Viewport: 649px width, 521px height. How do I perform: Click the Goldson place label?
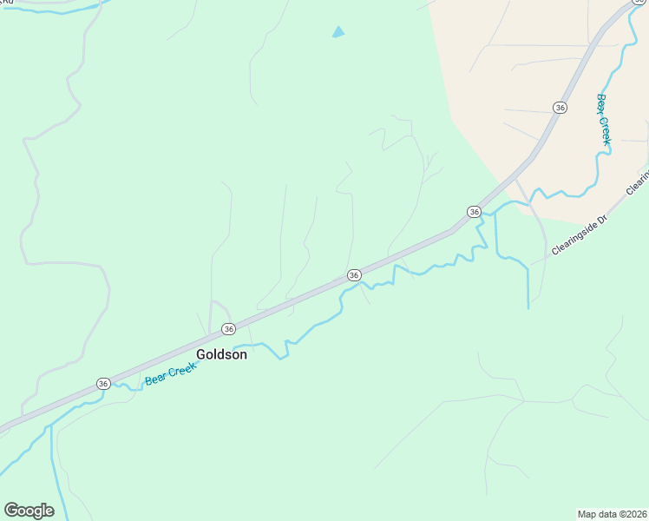pyautogui.click(x=221, y=354)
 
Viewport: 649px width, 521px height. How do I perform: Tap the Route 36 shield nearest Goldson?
pyautogui.click(x=228, y=329)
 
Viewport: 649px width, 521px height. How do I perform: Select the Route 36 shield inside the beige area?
pyautogui.click(x=560, y=107)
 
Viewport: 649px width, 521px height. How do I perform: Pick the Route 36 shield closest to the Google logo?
pyautogui.click(x=103, y=383)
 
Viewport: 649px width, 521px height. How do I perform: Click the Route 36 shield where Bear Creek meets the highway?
pyautogui.click(x=474, y=212)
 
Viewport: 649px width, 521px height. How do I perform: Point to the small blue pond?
pyautogui.click(x=338, y=32)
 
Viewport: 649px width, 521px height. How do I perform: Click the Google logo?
pyautogui.click(x=29, y=511)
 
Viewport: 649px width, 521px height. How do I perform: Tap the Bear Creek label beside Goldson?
pyautogui.click(x=171, y=373)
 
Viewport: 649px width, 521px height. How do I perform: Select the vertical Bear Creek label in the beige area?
pyautogui.click(x=603, y=119)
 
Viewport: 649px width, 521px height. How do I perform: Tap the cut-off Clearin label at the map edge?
pyautogui.click(x=638, y=181)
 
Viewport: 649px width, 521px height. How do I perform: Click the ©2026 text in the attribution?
pyautogui.click(x=630, y=514)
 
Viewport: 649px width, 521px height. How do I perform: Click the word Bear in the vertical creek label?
pyautogui.click(x=600, y=104)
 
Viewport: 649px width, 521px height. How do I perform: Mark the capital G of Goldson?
pyautogui.click(x=201, y=354)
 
